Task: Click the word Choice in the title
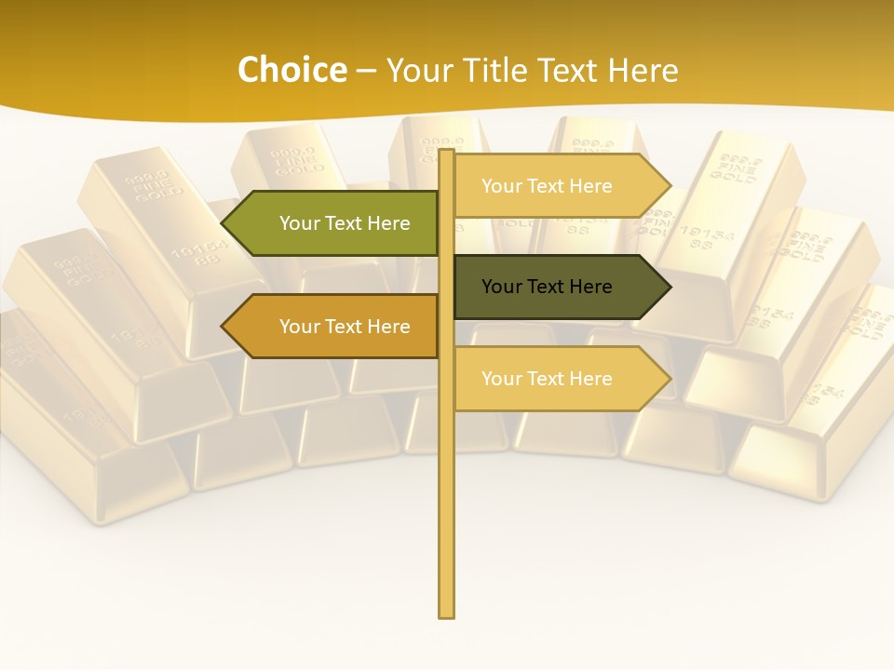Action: [291, 71]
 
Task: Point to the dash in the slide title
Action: [366, 72]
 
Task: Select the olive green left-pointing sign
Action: [335, 223]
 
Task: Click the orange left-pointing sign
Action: [335, 327]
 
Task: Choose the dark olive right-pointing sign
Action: [559, 287]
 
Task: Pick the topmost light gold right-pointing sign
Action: [559, 186]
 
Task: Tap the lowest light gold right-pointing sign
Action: [559, 379]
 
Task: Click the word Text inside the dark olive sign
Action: [548, 287]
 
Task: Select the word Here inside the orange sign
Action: [388, 327]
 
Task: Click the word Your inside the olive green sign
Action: [299, 223]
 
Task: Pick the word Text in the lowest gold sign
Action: [548, 379]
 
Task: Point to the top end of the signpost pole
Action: [447, 152]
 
